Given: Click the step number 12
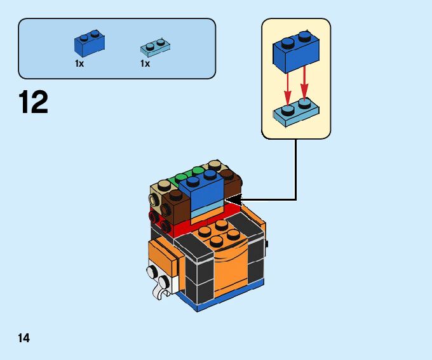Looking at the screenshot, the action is [34, 103].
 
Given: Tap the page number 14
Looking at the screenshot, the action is [24, 338].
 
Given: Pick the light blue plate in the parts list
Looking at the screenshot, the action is [154, 46].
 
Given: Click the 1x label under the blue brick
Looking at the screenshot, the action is [79, 63].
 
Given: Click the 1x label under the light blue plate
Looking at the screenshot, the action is [145, 63].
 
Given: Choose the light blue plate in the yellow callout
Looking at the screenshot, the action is [295, 112].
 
